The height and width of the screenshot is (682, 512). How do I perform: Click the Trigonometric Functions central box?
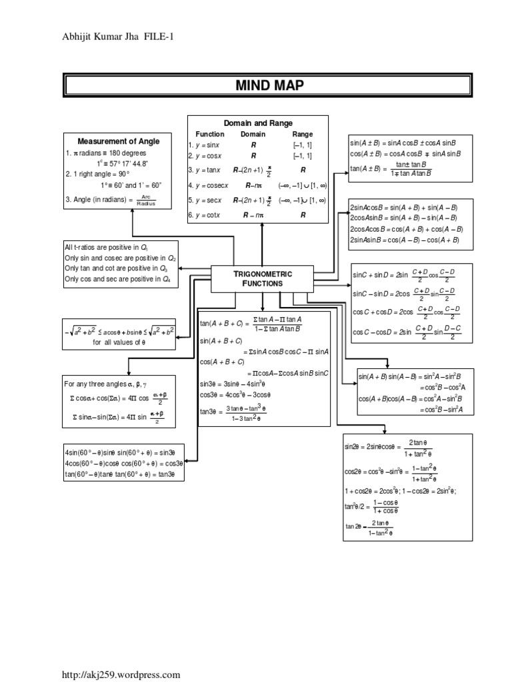coord(262,278)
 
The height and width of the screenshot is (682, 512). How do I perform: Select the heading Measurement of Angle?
coord(119,141)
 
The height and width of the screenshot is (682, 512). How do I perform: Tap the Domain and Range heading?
coord(258,123)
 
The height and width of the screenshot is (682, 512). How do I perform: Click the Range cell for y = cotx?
coord(303,215)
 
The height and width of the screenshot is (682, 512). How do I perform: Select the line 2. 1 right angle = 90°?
coord(97,174)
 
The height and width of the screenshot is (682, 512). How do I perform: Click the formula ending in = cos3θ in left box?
coord(123,464)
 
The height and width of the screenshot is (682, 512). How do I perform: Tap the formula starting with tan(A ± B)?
coord(391,169)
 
